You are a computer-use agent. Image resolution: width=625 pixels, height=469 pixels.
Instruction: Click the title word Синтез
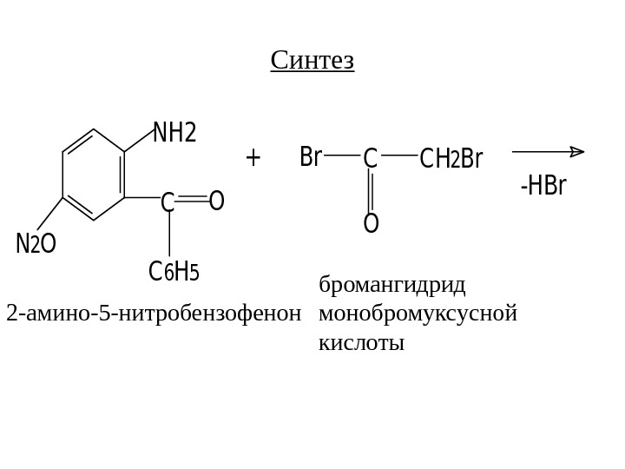(312, 61)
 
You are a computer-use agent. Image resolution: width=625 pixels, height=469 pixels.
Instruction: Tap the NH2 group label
(174, 133)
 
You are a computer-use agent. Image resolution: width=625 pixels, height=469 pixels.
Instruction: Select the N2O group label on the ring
(36, 244)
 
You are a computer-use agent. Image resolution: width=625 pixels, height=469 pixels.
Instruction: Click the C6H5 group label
(174, 272)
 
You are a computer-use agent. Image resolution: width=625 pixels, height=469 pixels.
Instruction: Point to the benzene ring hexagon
(94, 175)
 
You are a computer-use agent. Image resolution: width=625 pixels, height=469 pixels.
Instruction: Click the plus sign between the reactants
(253, 157)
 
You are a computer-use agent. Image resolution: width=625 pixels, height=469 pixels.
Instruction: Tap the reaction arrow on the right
(548, 152)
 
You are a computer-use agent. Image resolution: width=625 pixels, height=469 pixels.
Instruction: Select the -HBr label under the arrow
(543, 186)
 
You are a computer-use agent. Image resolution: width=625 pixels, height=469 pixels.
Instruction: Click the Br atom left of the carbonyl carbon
(311, 157)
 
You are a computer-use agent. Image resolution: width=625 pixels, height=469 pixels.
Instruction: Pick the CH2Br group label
(451, 159)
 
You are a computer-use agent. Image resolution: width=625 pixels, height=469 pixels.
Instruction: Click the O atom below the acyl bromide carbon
(371, 224)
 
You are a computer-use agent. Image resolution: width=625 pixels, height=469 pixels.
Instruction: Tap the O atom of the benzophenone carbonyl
(216, 201)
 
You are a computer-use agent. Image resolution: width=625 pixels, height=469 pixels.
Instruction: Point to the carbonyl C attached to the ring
(168, 202)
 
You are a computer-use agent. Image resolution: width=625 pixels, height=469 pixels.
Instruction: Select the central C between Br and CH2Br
(370, 159)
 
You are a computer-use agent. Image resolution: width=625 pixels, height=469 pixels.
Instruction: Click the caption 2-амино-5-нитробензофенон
(154, 313)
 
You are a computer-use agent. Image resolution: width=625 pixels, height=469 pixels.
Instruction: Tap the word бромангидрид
(392, 285)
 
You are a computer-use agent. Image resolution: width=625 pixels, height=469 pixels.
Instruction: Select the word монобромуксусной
(418, 313)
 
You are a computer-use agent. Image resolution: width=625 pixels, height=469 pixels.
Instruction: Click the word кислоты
(362, 342)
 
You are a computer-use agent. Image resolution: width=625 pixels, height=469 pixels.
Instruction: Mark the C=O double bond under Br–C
(371, 191)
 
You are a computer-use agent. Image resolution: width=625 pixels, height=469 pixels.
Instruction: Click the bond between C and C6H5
(169, 235)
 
